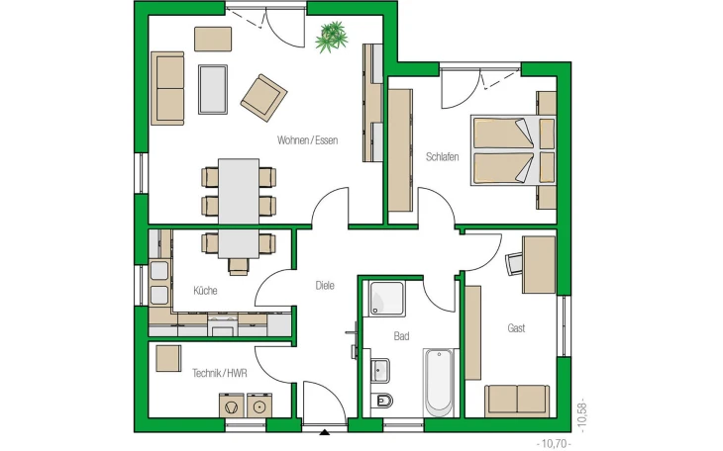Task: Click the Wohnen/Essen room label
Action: coord(307,140)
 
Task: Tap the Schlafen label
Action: coord(442,157)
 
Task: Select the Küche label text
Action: coord(205,291)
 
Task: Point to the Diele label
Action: coord(325,286)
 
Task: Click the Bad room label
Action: coord(401,336)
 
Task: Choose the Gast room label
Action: coord(516,328)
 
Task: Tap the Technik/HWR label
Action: coord(220,373)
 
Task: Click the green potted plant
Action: coord(332,37)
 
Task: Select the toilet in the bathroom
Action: coord(382,401)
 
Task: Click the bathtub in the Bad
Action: coord(439,383)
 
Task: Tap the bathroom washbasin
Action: coord(380,371)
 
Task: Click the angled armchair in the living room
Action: coord(263,98)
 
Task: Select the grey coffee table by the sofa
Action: coord(213,89)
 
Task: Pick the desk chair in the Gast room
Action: coord(514,263)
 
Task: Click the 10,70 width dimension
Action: coord(554,444)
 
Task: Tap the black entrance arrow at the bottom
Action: coord(325,432)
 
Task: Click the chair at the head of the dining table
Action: coord(239,267)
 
